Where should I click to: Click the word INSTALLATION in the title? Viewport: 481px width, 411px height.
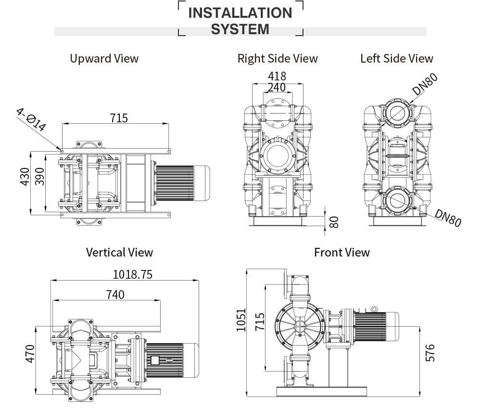point(240,13)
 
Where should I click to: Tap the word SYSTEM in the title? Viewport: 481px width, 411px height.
point(240,29)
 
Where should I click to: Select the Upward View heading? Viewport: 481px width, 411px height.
point(104,59)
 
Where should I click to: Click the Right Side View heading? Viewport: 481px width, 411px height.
point(278,59)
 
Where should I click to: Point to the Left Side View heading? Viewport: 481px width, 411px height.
point(397,59)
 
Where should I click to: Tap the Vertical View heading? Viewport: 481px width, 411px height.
point(119,252)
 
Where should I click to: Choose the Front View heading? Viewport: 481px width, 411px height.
point(342,252)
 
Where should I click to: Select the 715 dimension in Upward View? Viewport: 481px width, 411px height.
point(119,118)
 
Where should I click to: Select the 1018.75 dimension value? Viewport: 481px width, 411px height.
point(132,274)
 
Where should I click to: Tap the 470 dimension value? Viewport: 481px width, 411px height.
point(30,354)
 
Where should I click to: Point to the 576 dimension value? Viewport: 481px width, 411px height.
point(430,353)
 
